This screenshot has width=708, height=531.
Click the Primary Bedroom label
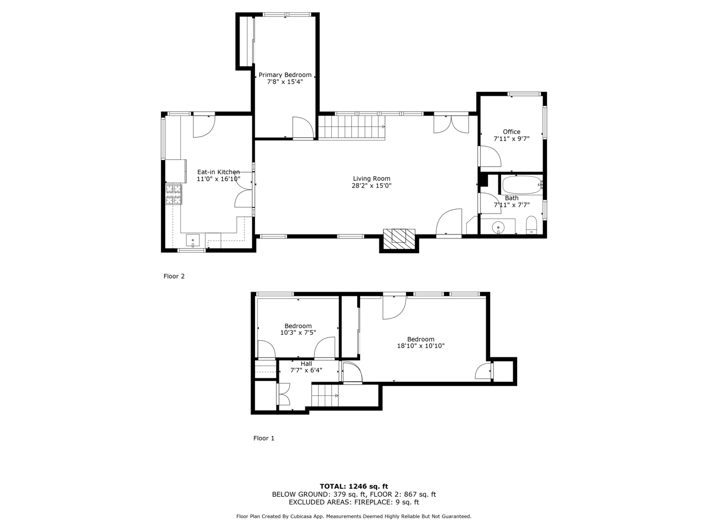(x=285, y=75)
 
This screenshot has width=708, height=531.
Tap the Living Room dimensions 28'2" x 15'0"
(x=371, y=186)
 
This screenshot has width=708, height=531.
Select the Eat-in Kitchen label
(x=218, y=172)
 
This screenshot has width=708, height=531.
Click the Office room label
(x=511, y=132)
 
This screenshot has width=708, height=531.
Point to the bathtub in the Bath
(x=522, y=185)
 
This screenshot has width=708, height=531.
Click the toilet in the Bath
(x=531, y=225)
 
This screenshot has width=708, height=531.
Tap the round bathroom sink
(x=498, y=227)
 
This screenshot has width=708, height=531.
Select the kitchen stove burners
(x=174, y=194)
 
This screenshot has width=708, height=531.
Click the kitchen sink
(x=192, y=240)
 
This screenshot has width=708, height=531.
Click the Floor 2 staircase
(x=352, y=127)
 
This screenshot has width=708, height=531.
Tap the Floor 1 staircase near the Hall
(x=325, y=395)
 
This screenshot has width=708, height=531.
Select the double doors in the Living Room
(x=451, y=124)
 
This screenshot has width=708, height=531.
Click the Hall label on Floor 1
(x=306, y=363)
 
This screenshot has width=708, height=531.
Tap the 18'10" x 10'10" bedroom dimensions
(x=420, y=346)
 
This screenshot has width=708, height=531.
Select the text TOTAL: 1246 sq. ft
(x=354, y=486)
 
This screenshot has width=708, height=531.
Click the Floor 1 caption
(x=263, y=438)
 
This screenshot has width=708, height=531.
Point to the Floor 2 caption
(x=174, y=276)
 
